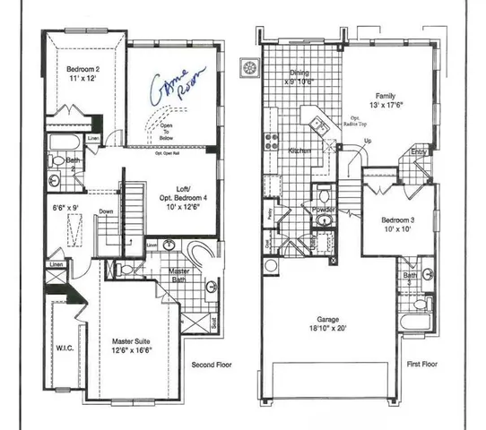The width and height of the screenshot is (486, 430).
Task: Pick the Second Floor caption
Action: coord(214,365)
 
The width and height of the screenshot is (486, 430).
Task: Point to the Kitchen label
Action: coord(299,151)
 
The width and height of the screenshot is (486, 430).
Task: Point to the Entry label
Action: coord(419,152)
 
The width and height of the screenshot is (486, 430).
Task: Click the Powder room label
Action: coord(324,209)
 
